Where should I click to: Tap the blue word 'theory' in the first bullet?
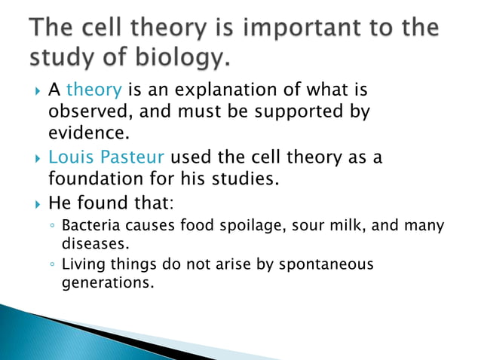94,91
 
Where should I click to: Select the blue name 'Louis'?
70,159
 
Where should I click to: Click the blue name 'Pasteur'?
133,159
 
